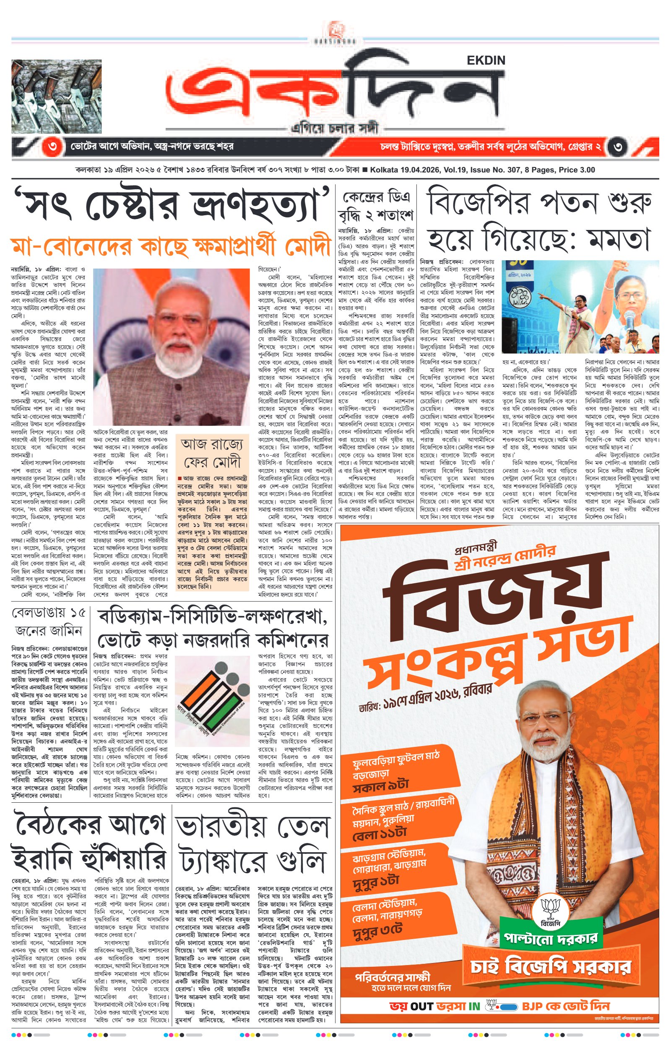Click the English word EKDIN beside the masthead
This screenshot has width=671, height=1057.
[486, 60]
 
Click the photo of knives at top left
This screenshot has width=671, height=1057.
[57, 97]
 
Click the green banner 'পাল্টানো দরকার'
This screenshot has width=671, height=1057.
[550, 939]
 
